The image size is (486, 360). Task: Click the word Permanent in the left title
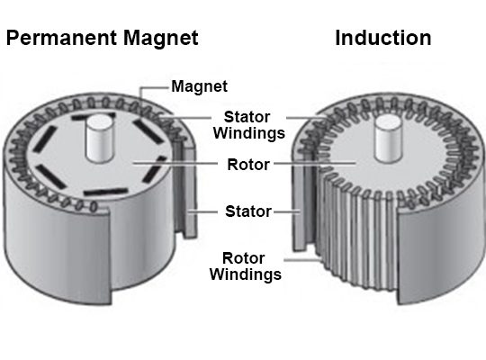pyautogui.click(x=61, y=38)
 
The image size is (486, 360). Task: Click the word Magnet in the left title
pyautogui.click(x=161, y=38)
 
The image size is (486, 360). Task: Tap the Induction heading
pyautogui.click(x=383, y=38)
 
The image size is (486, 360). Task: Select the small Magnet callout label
pyautogui.click(x=199, y=86)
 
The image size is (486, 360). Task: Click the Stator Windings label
pyautogui.click(x=249, y=125)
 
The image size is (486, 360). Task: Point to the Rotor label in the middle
pyautogui.click(x=248, y=165)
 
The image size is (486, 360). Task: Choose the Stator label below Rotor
pyautogui.click(x=248, y=211)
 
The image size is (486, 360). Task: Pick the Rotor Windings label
pyautogui.click(x=245, y=266)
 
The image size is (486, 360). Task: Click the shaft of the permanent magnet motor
pyautogui.click(x=99, y=138)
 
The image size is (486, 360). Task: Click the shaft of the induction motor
pyautogui.click(x=388, y=139)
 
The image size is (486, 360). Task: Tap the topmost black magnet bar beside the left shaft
pyautogui.click(x=93, y=117)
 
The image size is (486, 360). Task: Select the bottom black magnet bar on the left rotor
pyautogui.click(x=105, y=192)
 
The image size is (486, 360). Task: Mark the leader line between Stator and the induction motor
pyautogui.click(x=287, y=212)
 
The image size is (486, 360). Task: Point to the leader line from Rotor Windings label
pyautogui.click(x=301, y=259)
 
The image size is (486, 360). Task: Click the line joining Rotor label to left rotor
pyautogui.click(x=175, y=163)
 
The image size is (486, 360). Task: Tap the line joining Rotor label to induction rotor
pyautogui.click(x=315, y=163)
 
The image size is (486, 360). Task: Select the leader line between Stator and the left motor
pyautogui.click(x=203, y=212)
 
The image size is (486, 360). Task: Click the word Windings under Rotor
pyautogui.click(x=245, y=274)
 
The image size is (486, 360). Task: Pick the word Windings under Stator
pyautogui.click(x=249, y=133)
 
